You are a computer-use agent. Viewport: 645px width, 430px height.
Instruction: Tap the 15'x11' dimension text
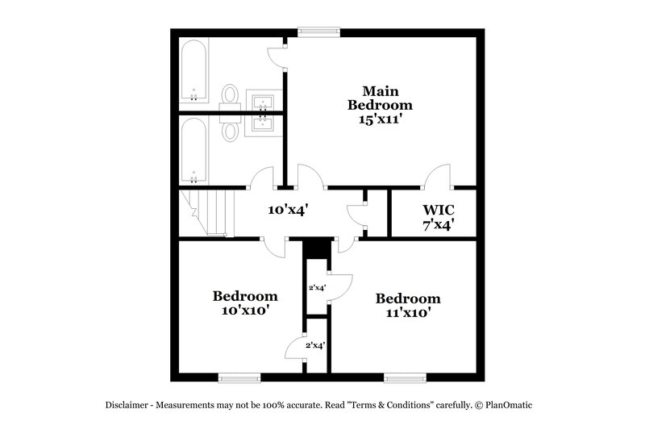click(380, 119)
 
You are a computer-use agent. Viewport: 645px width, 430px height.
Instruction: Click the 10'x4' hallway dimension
click(289, 210)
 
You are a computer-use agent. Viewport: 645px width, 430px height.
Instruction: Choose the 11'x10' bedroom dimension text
click(408, 313)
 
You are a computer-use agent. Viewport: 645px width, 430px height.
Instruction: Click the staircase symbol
click(206, 212)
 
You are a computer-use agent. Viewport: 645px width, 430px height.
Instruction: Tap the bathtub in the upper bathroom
click(193, 71)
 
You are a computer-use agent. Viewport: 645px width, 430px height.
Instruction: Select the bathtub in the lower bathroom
click(193, 151)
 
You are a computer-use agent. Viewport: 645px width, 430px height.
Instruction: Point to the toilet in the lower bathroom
click(231, 131)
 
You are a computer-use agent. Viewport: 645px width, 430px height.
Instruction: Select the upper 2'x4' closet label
click(317, 287)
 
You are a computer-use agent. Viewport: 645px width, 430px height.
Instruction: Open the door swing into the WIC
click(440, 176)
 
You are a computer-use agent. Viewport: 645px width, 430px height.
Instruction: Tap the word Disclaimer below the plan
click(127, 405)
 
